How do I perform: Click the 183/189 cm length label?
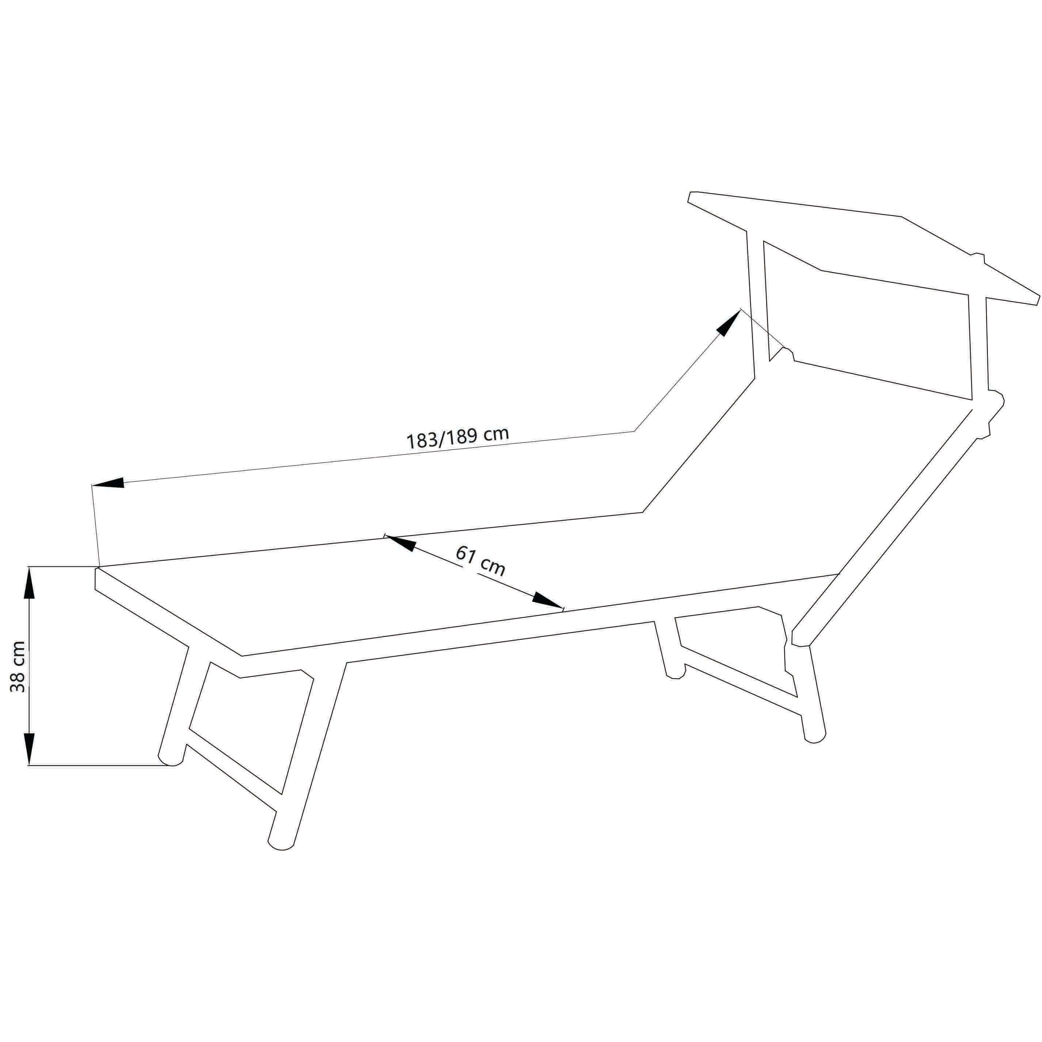(457, 438)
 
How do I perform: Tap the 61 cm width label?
(480, 560)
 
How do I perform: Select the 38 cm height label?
(18, 667)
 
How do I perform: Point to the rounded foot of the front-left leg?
(170, 759)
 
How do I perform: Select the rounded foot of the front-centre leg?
(281, 846)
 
